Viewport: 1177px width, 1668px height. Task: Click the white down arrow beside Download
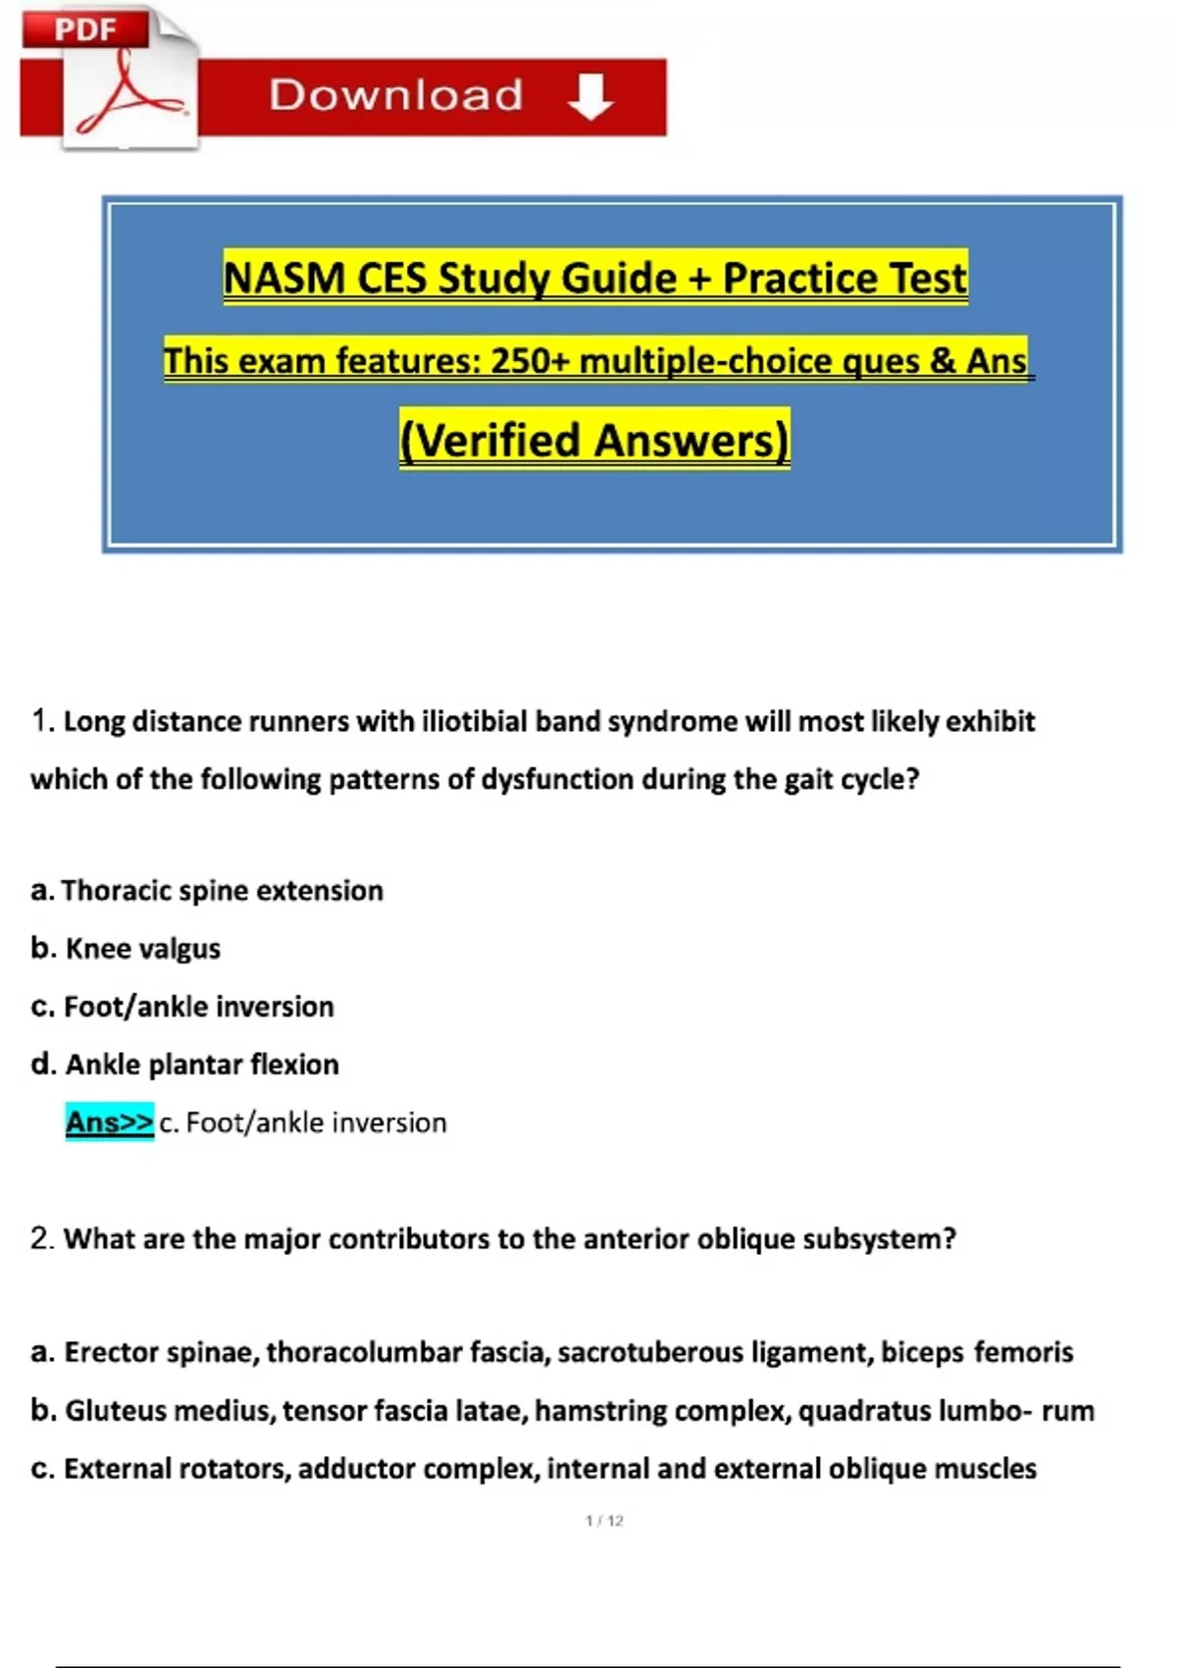click(590, 96)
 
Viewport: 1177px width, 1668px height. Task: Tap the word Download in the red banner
click(396, 95)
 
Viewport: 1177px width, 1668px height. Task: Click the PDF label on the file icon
click(84, 29)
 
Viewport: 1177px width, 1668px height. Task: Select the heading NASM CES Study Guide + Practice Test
click(595, 278)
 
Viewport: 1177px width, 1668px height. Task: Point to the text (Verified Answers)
click(594, 440)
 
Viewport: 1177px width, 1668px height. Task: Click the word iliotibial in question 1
click(475, 721)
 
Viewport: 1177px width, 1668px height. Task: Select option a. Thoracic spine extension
click(207, 890)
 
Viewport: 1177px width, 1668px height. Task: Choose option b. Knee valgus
click(126, 948)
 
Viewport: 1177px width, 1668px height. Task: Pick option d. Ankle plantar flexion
click(185, 1064)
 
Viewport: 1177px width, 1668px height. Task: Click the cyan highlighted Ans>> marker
click(109, 1121)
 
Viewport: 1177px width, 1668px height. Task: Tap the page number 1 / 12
click(604, 1521)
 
